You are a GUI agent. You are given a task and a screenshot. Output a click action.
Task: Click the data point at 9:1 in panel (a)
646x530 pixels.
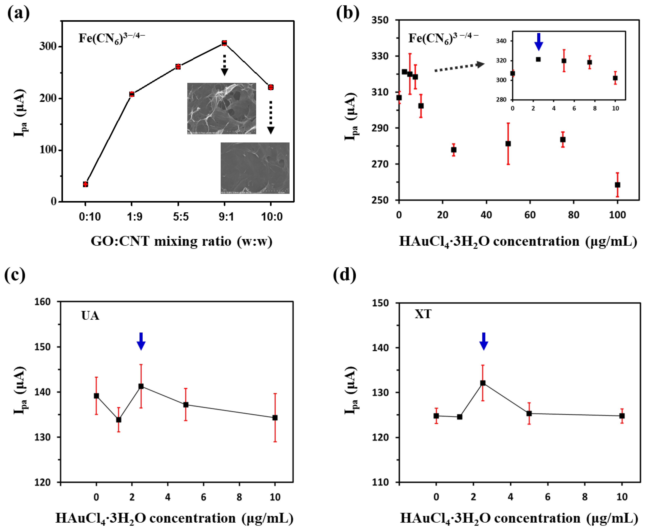[x=224, y=43]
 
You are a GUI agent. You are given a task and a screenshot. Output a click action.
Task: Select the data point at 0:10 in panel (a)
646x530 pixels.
[x=85, y=184]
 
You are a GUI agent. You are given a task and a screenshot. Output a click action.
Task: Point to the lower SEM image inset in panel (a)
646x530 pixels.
[x=255, y=168]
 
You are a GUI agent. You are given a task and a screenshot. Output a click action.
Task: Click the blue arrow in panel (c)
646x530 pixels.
[x=141, y=341]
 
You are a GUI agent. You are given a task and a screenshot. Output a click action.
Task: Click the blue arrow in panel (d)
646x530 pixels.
[x=484, y=341]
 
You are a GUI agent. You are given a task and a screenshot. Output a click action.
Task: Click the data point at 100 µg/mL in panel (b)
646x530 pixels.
[x=617, y=185]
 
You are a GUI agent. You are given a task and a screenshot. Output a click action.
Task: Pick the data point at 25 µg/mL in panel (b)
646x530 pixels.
[x=454, y=150]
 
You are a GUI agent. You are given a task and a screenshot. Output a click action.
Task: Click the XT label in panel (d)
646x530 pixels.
[x=423, y=314]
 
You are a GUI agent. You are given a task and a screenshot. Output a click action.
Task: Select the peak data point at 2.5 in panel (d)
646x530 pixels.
[x=483, y=383]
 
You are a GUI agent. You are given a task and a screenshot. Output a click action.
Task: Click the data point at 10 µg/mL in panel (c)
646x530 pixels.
[x=275, y=418]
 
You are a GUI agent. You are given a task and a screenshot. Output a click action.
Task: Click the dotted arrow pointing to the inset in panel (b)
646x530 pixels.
[x=459, y=67]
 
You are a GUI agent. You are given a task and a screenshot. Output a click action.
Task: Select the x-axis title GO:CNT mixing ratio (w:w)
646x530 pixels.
[x=181, y=241]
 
